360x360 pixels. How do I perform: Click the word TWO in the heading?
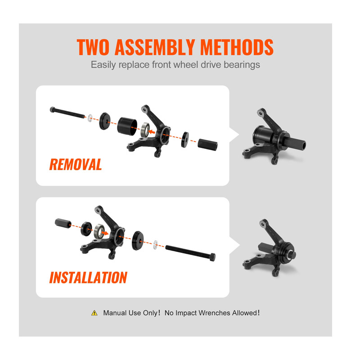coord(93,47)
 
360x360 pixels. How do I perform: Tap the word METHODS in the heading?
coord(237,47)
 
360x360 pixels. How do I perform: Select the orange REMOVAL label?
coord(76,164)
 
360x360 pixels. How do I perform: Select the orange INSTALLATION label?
coord(88,277)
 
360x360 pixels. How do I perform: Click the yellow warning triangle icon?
coord(94,313)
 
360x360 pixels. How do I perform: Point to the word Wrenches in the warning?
coord(214,313)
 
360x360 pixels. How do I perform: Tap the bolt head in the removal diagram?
coord(53,109)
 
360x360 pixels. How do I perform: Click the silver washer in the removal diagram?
coord(90,118)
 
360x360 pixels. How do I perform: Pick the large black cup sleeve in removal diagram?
coord(127,126)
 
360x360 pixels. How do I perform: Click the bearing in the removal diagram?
coord(145,130)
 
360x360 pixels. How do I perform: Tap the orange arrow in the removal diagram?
coord(152,132)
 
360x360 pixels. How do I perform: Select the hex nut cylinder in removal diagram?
coord(207,144)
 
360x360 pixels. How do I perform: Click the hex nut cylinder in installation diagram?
coord(63,223)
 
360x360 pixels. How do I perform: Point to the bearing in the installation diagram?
coord(99,231)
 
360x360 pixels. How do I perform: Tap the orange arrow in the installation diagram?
coord(105,233)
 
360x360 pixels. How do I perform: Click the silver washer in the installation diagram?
coord(156,244)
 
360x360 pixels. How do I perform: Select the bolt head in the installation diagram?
coord(212,256)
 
